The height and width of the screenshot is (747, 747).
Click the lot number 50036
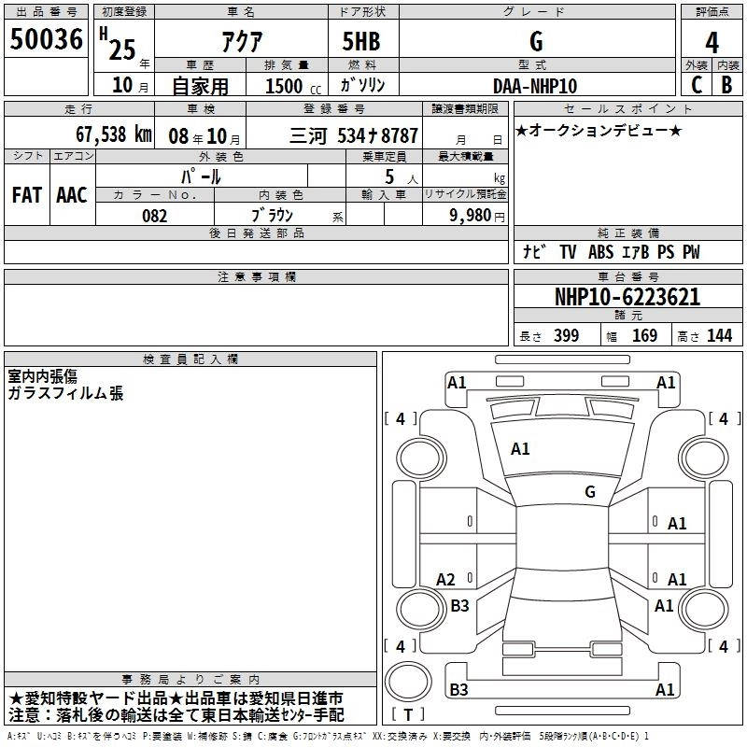[46, 39]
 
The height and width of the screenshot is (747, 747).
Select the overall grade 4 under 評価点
[712, 43]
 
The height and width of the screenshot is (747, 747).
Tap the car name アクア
[242, 41]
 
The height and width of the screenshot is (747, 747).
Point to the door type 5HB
[361, 41]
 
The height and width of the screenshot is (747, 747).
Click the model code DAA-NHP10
[535, 86]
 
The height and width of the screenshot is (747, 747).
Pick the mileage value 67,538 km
[114, 134]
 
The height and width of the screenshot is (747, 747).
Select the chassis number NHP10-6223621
[627, 297]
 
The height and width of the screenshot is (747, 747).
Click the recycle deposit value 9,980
[471, 216]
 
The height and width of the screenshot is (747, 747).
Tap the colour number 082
[155, 216]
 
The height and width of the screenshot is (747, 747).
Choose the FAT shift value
[27, 195]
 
